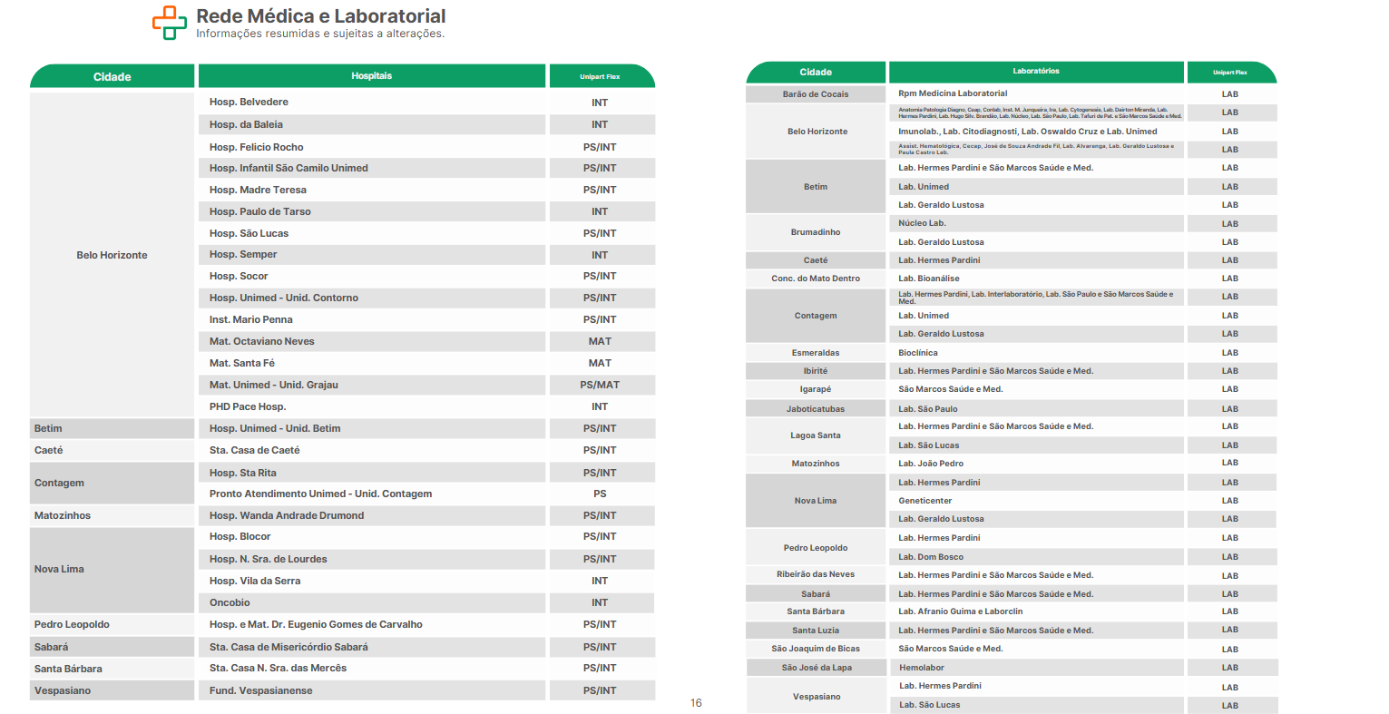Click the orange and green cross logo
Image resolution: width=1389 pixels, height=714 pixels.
tap(169, 23)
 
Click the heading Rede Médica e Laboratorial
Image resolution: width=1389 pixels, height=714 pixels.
tap(320, 16)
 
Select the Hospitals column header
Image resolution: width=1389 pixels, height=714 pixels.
tap(371, 76)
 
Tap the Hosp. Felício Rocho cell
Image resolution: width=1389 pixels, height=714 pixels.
tap(257, 147)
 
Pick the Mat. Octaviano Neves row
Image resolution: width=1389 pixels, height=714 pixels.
tap(262, 341)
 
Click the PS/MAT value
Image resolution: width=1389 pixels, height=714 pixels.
tap(600, 385)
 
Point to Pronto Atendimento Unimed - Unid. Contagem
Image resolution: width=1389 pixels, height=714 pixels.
tap(320, 494)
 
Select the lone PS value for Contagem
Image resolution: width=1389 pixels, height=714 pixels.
tap(600, 494)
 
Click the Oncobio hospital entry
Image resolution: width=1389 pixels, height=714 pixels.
tap(230, 602)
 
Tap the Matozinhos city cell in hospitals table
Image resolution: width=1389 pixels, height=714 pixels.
tap(63, 515)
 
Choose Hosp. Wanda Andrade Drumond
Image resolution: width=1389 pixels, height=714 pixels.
tap(287, 515)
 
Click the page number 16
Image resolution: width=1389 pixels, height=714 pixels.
tap(696, 703)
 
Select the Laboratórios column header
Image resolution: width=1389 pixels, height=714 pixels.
tap(1036, 71)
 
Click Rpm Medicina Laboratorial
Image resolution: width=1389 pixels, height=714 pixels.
tap(953, 93)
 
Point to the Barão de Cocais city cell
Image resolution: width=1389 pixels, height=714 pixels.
tap(816, 94)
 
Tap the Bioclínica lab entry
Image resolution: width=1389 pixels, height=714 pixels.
tap(918, 353)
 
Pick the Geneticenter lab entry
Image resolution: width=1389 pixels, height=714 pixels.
tap(925, 501)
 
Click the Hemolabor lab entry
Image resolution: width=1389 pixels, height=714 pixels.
tap(922, 668)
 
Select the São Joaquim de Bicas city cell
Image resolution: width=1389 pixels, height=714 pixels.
tap(816, 649)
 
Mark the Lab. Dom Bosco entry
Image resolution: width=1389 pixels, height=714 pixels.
tap(931, 557)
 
